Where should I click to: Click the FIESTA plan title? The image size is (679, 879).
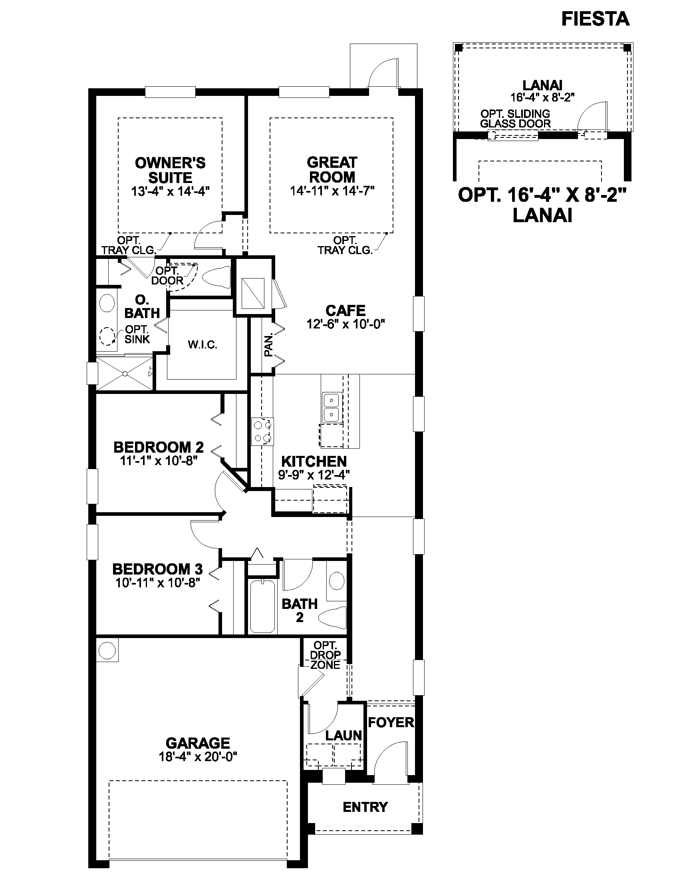pyautogui.click(x=596, y=19)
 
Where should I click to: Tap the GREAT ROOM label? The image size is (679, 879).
pyautogui.click(x=332, y=170)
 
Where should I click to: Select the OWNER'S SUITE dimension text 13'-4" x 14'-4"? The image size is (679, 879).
pyautogui.click(x=171, y=191)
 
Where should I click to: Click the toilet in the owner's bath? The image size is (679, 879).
pyautogui.click(x=216, y=277)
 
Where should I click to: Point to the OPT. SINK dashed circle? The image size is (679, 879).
pyautogui.click(x=107, y=336)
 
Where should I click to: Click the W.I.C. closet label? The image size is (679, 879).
pyautogui.click(x=203, y=345)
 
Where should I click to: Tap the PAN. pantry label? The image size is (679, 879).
pyautogui.click(x=268, y=344)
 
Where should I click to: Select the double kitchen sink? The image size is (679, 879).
pyautogui.click(x=332, y=407)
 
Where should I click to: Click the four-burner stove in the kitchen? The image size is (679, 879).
pyautogui.click(x=262, y=432)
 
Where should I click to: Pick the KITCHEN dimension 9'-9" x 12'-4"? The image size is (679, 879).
pyautogui.click(x=314, y=475)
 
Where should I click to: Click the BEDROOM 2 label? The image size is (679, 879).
pyautogui.click(x=159, y=447)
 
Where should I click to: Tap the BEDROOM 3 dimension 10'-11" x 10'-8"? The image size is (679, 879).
pyautogui.click(x=158, y=583)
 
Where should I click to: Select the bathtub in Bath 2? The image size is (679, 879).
pyautogui.click(x=262, y=606)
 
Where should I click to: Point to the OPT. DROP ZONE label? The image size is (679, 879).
pyautogui.click(x=326, y=655)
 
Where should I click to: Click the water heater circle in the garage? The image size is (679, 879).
pyautogui.click(x=107, y=650)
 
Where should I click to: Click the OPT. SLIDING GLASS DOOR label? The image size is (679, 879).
pyautogui.click(x=515, y=119)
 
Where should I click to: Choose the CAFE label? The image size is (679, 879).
pyautogui.click(x=345, y=310)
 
